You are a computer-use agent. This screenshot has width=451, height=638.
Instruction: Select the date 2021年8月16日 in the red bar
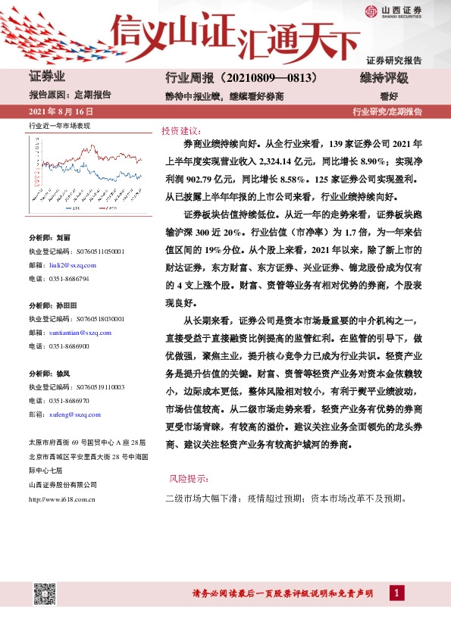tap(55, 111)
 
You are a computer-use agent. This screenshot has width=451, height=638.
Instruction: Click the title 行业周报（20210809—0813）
tap(240, 78)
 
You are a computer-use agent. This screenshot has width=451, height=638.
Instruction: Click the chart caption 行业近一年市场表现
tap(59, 125)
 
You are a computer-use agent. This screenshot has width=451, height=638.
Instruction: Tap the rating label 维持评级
tap(384, 78)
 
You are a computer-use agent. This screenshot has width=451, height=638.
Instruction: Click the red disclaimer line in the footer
tap(283, 593)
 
